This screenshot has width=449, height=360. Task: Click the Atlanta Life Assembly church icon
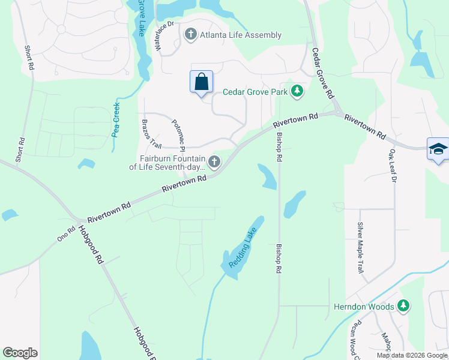tap(191, 34)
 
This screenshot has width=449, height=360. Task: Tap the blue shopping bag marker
tap(201, 81)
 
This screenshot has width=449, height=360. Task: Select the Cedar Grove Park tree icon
tap(297, 91)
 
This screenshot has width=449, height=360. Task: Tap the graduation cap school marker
tap(438, 149)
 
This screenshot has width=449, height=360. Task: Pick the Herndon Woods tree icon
tap(403, 306)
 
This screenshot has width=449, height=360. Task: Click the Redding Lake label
tap(242, 247)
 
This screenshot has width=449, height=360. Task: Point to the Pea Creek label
tap(116, 119)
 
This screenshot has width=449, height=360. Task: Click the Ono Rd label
tap(66, 233)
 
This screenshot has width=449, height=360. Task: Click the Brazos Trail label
tap(152, 134)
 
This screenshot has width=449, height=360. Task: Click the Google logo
tap(20, 353)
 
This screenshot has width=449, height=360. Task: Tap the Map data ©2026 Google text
tap(411, 355)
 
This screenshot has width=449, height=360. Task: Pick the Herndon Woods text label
tap(364, 307)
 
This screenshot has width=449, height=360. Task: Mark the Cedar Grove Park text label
tap(255, 92)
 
